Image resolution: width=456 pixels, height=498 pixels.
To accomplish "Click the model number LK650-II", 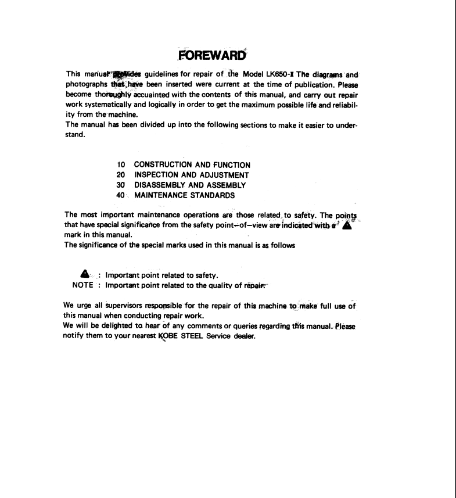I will [x=278, y=74].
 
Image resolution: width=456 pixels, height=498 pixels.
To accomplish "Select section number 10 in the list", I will [x=121, y=165].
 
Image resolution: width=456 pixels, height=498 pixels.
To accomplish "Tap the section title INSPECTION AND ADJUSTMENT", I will [x=192, y=175].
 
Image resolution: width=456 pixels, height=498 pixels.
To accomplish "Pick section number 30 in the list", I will [x=121, y=185].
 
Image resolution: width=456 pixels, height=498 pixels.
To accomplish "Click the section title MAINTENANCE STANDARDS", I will [x=185, y=195].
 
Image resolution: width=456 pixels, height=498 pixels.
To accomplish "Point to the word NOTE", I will [x=83, y=285].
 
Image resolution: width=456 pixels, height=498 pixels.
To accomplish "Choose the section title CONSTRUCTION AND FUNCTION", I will [x=192, y=165].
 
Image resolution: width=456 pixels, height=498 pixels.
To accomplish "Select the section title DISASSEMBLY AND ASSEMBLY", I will [x=190, y=185].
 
